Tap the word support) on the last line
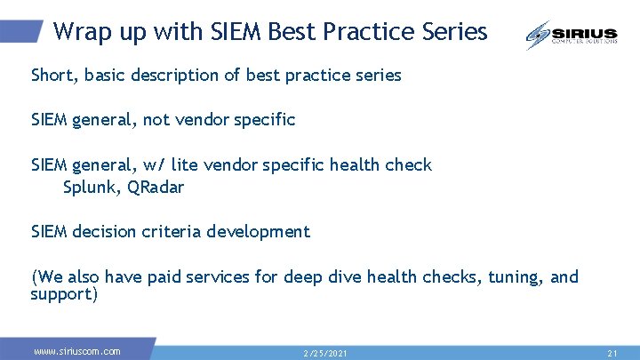[64, 293]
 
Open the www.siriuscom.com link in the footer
[77, 351]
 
